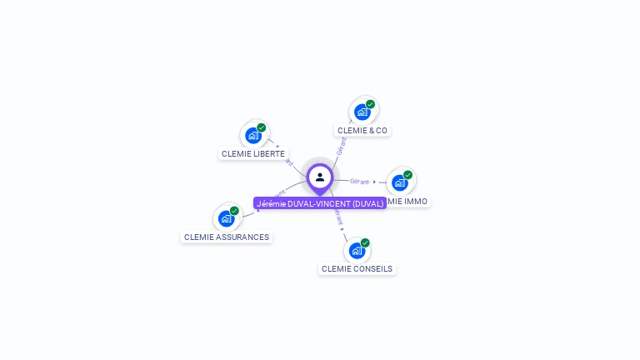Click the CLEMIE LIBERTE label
[x=253, y=153]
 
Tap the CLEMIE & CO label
[x=362, y=130]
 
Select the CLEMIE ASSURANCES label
[x=227, y=237]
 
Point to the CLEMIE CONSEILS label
[x=357, y=268]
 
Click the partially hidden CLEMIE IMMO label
[x=409, y=201]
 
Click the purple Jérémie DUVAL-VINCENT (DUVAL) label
[x=320, y=203]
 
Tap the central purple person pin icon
[x=320, y=177]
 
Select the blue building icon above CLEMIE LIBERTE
[x=253, y=136]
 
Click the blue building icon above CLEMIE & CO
[x=362, y=112]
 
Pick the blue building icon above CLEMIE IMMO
[x=400, y=182]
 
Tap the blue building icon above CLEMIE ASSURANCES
[x=226, y=218]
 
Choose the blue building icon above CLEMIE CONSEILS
[x=357, y=250]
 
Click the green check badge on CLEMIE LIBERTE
[x=262, y=127]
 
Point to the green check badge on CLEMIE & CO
[x=370, y=104]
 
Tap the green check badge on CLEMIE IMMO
[x=407, y=175]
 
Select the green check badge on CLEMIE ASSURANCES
[x=234, y=211]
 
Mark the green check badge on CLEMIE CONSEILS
[x=365, y=242]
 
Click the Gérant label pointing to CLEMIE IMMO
[x=360, y=181]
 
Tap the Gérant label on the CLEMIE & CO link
[x=340, y=147]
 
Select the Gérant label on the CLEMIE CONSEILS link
[x=337, y=217]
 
